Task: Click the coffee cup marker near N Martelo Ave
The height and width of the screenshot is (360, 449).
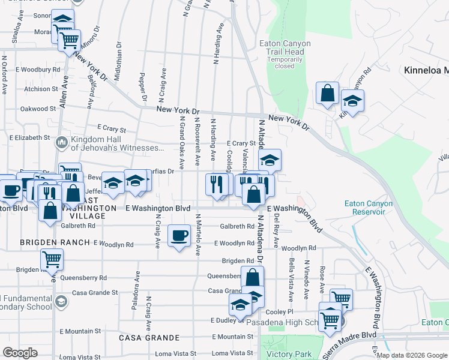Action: point(178,235)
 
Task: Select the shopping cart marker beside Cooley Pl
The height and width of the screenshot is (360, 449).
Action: point(340,298)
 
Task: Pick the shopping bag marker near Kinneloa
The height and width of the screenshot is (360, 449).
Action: point(327,93)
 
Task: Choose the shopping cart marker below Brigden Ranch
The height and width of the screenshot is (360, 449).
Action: point(52,259)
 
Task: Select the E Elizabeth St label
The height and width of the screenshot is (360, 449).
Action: point(28,137)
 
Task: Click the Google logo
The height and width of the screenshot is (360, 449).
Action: point(20,353)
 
